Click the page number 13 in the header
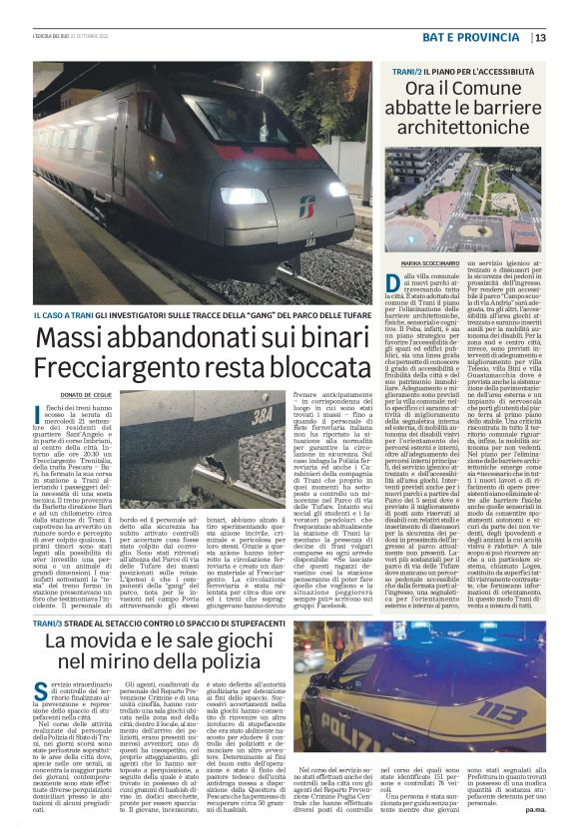(x=567, y=37)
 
